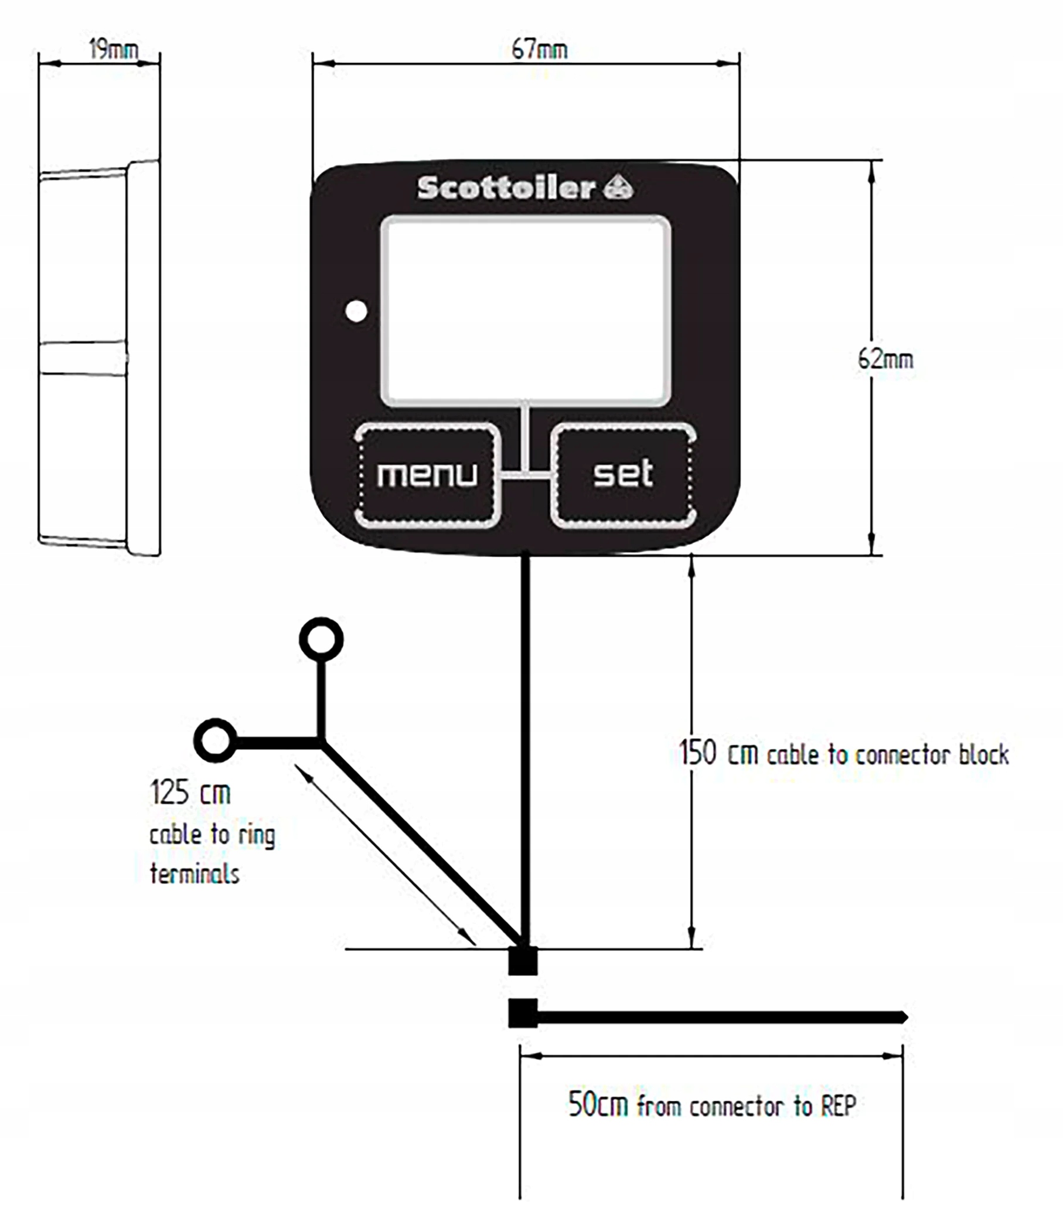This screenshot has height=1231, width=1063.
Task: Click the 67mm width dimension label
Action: [539, 50]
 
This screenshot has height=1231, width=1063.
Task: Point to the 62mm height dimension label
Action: [885, 359]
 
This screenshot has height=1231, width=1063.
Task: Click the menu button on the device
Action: [427, 475]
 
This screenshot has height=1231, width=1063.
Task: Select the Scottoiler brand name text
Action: [506, 188]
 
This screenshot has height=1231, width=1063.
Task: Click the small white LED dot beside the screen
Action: [356, 311]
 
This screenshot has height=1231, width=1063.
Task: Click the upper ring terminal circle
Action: [321, 640]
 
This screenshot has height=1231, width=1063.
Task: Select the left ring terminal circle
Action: [215, 741]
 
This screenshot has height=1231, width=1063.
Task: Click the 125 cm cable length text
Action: [190, 793]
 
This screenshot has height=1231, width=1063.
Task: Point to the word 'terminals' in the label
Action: [195, 874]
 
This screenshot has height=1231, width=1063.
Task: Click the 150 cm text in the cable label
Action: [718, 754]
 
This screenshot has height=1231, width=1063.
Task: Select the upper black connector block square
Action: [523, 961]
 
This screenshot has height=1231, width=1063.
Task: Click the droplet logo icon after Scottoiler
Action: [618, 188]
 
